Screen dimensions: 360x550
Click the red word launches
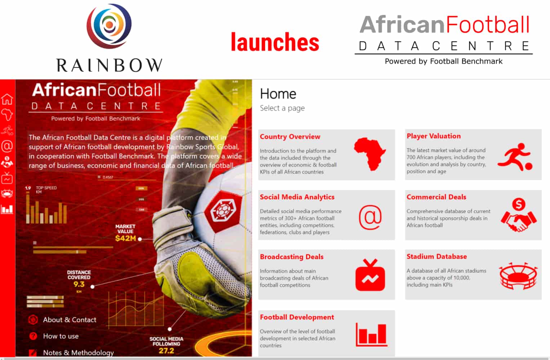tap(275, 42)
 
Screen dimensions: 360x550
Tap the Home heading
tap(278, 94)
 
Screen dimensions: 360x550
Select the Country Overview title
tap(290, 136)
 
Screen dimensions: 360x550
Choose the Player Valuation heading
tap(433, 136)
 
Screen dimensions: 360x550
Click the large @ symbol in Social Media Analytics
tap(370, 217)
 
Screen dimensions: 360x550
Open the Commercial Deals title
tap(436, 197)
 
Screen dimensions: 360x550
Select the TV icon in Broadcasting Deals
tap(370, 275)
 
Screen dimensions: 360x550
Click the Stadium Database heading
tap(437, 256)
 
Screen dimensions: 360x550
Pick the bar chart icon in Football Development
tap(371, 334)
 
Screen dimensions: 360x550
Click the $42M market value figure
tap(125, 238)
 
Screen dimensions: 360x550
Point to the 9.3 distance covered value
tap(79, 284)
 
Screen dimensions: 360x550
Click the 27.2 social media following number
tap(166, 350)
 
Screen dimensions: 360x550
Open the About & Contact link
tap(70, 320)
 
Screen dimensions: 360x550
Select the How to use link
tap(61, 336)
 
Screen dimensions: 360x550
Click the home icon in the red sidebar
tap(7, 99)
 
